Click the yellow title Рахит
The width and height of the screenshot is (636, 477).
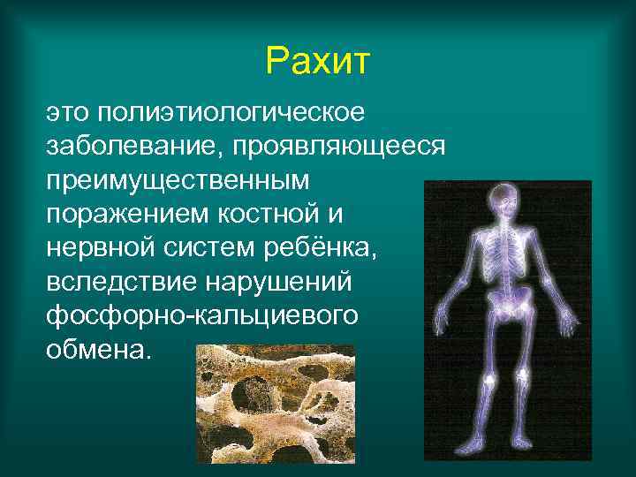point(317,62)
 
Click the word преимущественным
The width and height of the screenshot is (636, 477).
point(178,180)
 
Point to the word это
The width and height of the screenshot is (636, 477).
point(68,114)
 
